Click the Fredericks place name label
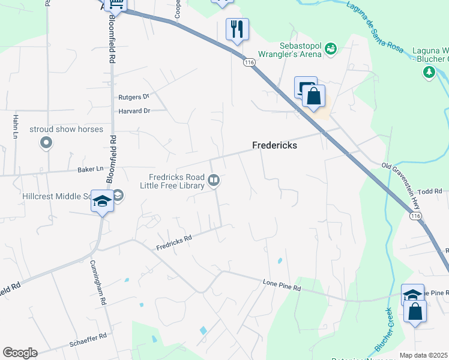point(274,145)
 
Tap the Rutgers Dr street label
point(133,96)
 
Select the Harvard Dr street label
point(134,111)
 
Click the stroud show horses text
point(67,129)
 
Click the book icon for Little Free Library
point(213,180)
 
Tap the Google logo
point(20,353)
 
